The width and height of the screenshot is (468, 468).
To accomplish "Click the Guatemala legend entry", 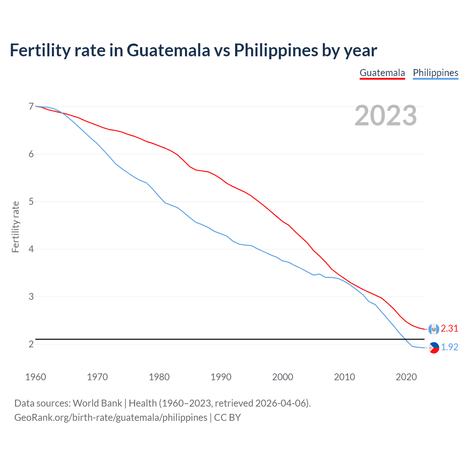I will coord(382,73).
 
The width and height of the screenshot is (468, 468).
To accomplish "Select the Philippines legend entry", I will coord(435,73).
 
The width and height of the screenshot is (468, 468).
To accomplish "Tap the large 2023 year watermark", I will coord(385,116).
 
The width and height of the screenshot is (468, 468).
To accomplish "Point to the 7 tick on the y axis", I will coord(31,106).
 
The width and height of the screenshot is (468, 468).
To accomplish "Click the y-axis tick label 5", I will coord(31,201).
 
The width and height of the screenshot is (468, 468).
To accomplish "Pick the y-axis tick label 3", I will coord(31,297).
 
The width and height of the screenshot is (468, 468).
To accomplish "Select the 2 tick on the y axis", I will coord(31,344).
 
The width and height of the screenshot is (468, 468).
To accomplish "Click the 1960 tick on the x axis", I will coord(35,377).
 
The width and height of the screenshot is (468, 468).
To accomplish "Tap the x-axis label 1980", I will coord(159,377).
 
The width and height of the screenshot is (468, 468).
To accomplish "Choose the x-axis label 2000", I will coord(283,377).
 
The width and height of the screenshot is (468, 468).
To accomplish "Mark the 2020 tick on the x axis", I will coord(406,377).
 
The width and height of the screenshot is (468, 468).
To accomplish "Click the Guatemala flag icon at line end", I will coord(434,329).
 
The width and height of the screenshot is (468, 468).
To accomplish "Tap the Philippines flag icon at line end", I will coord(434,348).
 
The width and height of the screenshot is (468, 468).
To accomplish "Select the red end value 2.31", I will coord(449,329).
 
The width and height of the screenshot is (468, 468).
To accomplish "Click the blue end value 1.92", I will coord(449,347).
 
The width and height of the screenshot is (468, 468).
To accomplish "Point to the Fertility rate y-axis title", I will coord(15,227).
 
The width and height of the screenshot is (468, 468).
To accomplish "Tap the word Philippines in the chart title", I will coord(276,50).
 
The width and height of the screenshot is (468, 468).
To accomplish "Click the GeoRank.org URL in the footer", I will coord(110,418).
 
